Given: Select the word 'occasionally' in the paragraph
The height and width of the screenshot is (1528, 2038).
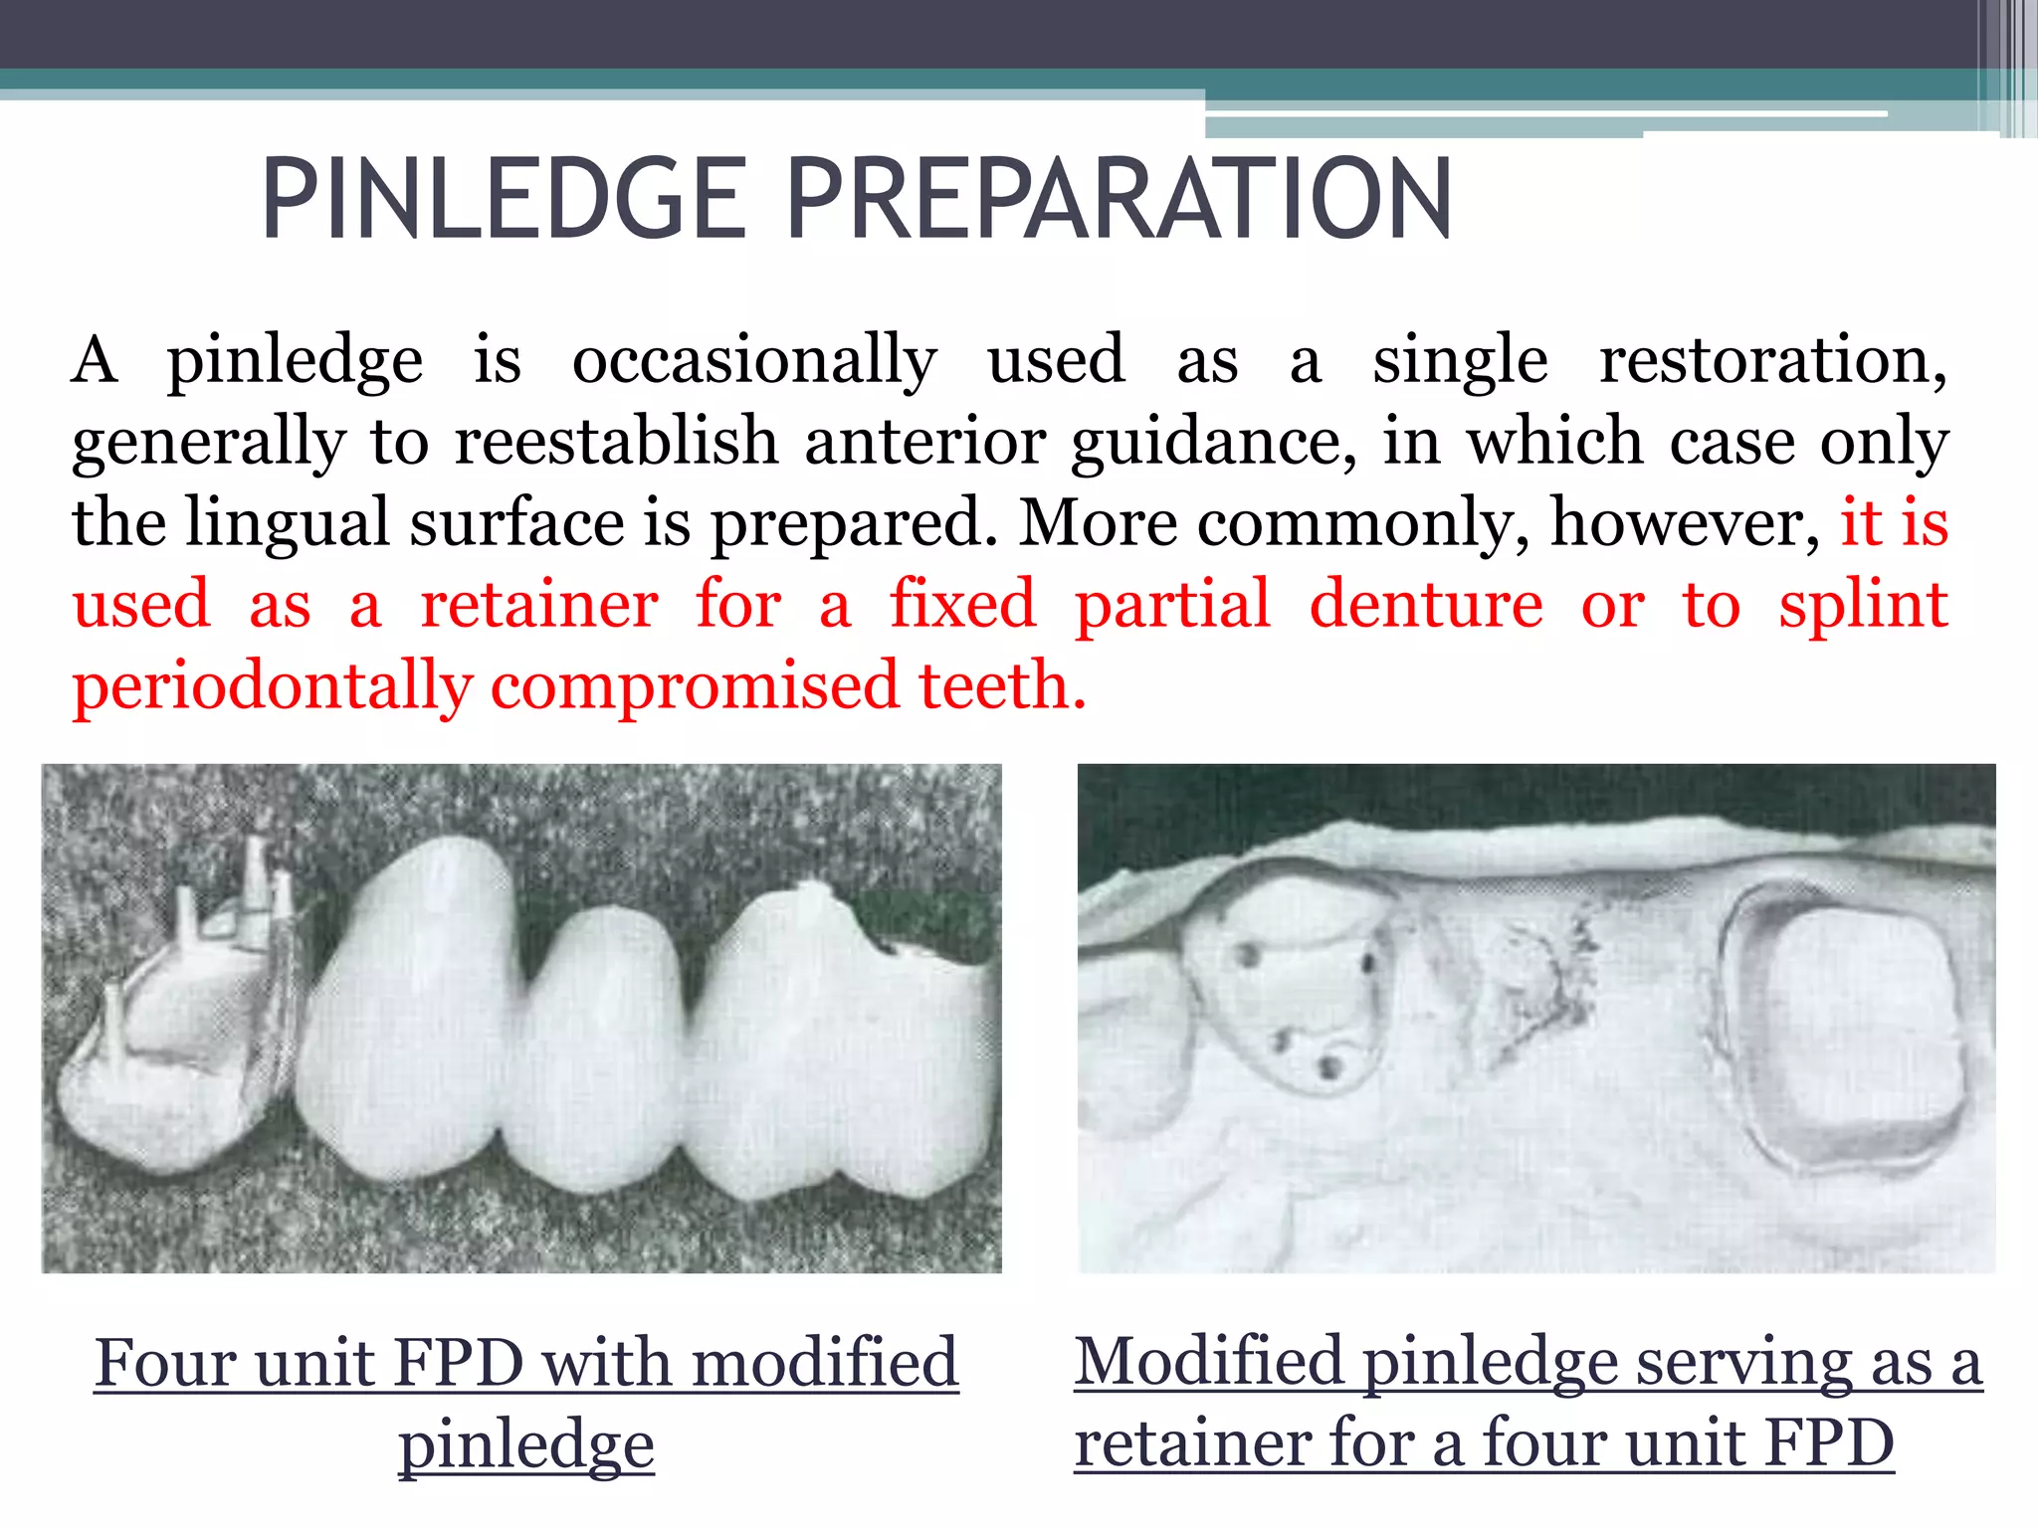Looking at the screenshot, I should pos(754,360).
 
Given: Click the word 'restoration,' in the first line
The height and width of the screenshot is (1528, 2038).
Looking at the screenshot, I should pos(1772,360).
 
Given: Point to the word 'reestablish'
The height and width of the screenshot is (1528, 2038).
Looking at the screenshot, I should pos(616,442).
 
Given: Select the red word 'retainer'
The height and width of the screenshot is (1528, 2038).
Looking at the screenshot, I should pos(538,605).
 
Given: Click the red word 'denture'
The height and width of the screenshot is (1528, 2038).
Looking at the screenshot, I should pos(1426,605).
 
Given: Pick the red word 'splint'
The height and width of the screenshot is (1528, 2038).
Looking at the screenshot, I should pos(1863,607).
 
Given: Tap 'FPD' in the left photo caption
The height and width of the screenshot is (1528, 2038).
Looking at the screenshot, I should pos(458,1363).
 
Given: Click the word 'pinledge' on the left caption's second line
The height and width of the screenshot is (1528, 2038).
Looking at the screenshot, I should pos(526,1444).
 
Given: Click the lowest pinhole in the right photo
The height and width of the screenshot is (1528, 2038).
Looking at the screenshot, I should pos(1329,1068).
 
